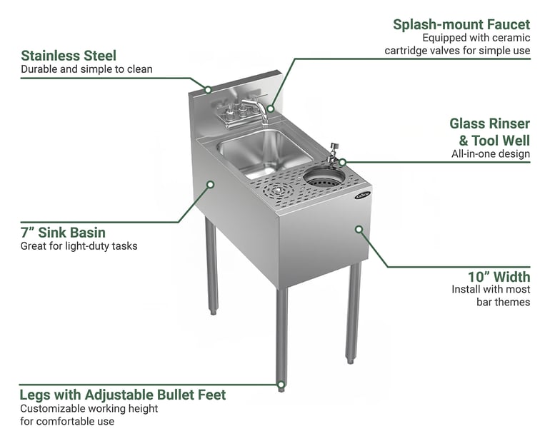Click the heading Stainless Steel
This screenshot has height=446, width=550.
coord(69,56)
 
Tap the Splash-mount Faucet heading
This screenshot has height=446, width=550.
coord(461,24)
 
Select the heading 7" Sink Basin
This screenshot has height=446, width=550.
coord(63,233)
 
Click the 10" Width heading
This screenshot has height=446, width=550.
coord(499,277)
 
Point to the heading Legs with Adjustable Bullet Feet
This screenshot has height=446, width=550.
coord(123,395)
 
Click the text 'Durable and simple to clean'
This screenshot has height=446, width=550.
coord(86,69)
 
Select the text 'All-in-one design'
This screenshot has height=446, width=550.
coord(491,154)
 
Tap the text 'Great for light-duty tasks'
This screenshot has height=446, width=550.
coord(79,246)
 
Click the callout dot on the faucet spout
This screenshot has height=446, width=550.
coord(271,108)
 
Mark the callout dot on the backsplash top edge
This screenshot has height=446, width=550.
coord(208,90)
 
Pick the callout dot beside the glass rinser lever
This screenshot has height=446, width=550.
coord(342,162)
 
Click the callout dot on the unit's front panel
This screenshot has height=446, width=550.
coord(359,229)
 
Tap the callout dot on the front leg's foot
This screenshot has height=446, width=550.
coord(281,385)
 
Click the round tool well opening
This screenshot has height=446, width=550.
coord(324,177)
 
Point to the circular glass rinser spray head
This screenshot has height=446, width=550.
coord(278,191)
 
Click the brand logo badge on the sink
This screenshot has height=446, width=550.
coord(362,195)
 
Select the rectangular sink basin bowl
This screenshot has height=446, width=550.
coord(264,153)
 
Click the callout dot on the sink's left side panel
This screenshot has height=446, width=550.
coord(211,184)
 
